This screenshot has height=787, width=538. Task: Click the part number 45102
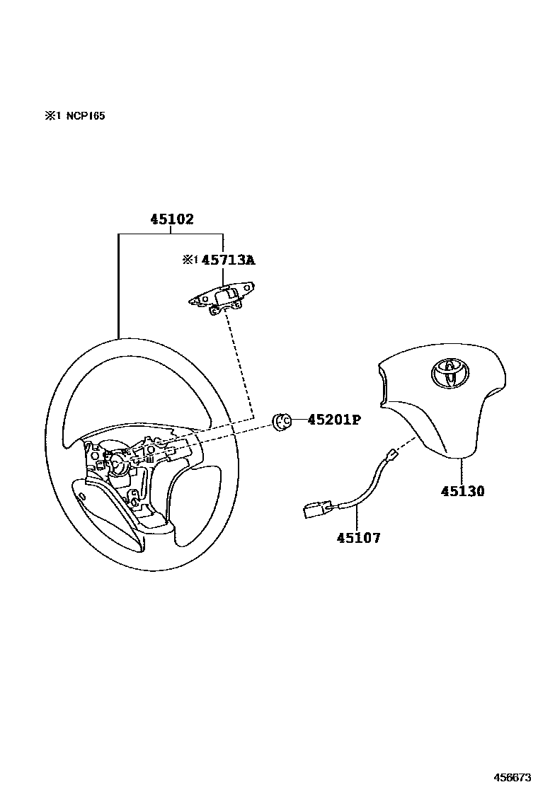click(171, 219)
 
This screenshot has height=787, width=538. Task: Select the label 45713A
click(228, 260)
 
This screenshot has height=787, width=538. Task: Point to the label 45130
click(463, 491)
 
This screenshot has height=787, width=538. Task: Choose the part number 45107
click(358, 538)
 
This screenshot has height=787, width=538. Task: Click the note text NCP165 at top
click(86, 116)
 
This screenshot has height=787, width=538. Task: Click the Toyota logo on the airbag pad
click(446, 373)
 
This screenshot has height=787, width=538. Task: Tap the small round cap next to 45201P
click(282, 422)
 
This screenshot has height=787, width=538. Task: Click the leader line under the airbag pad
click(462, 471)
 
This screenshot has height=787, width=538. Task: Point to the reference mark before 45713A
click(190, 260)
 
